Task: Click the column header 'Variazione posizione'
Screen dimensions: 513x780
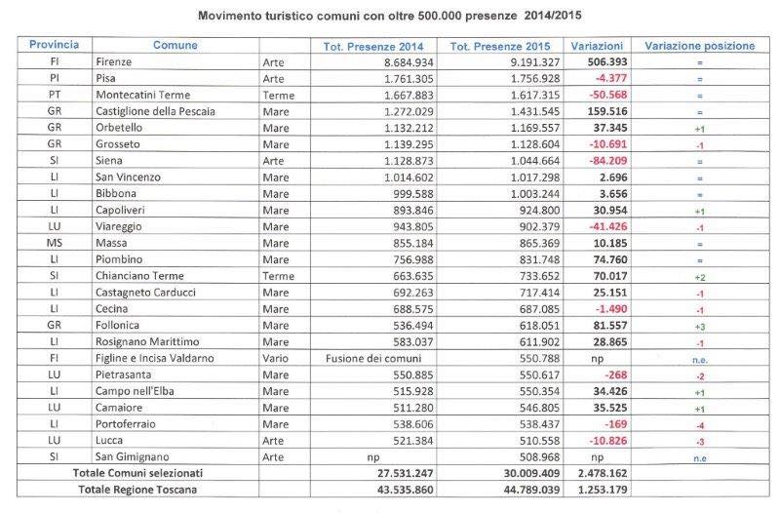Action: (699, 45)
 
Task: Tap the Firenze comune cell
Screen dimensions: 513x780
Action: (113, 61)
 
